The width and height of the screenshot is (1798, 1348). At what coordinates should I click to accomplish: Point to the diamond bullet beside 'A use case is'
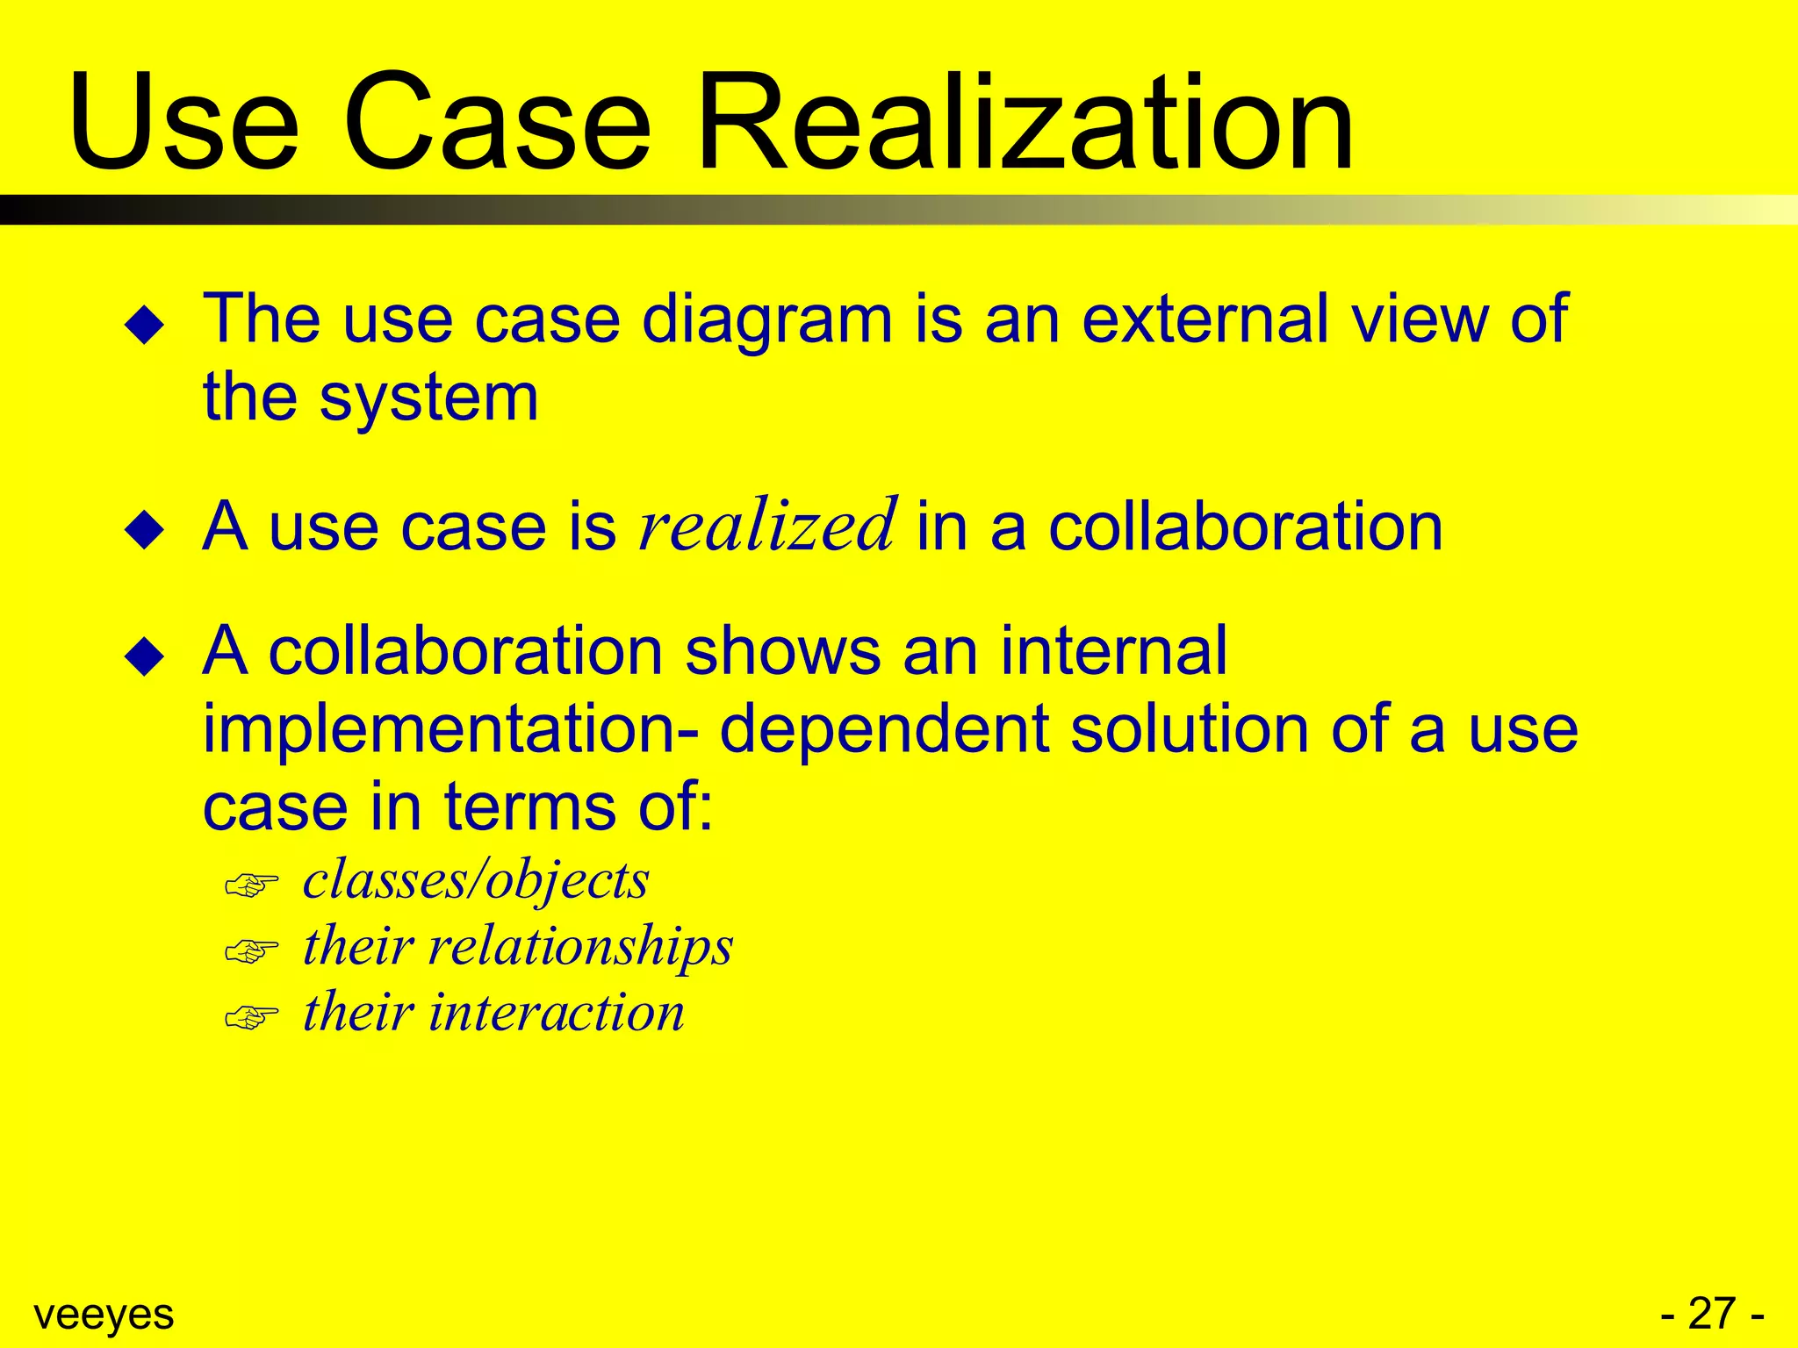pos(145,531)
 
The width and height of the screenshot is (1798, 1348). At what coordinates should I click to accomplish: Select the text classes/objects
pos(476,881)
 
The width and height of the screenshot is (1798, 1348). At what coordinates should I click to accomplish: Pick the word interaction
pos(556,1013)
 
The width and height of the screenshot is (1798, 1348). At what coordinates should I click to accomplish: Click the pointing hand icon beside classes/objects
pos(251,885)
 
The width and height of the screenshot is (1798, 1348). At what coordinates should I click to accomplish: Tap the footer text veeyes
pos(104,1315)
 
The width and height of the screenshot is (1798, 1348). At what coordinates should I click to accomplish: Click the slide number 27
pos(1712,1314)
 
